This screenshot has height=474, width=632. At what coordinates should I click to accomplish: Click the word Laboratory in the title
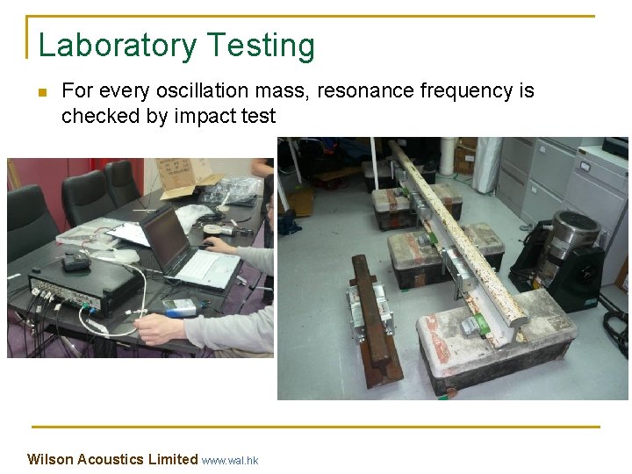point(118,46)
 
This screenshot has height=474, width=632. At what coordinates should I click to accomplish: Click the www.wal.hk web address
point(230,460)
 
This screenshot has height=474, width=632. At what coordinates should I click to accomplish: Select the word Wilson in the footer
point(50,459)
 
